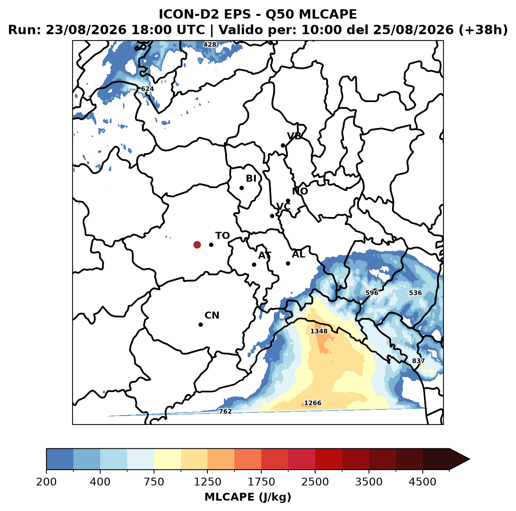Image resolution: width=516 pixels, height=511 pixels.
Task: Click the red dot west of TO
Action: (x=197, y=245)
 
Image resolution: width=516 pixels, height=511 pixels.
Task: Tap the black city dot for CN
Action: (x=200, y=324)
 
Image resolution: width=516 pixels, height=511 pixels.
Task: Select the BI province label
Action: (x=251, y=178)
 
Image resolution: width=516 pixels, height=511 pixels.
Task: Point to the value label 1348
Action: (x=319, y=331)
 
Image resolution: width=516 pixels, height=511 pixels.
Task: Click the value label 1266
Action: (x=312, y=403)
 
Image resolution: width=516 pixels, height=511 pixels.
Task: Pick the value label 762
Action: (x=225, y=411)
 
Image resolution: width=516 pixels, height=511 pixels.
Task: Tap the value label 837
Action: (x=418, y=361)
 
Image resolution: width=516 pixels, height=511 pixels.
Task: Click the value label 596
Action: (x=372, y=293)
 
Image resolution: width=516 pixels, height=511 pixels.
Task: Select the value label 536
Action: (x=415, y=293)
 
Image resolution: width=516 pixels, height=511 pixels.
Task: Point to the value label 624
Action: (x=147, y=89)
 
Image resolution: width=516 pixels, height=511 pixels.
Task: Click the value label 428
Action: (x=210, y=45)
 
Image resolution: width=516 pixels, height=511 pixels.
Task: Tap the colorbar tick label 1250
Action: (x=207, y=481)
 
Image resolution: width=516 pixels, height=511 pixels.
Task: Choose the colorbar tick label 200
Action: (x=46, y=481)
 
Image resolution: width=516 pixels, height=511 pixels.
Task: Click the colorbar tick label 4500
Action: (x=422, y=481)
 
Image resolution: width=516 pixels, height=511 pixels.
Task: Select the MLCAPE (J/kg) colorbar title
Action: (x=248, y=497)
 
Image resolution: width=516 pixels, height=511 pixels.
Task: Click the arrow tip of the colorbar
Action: (x=470, y=459)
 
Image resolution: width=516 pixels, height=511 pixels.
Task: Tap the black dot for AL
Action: (x=288, y=263)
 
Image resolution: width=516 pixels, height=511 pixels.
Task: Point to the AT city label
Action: (x=264, y=255)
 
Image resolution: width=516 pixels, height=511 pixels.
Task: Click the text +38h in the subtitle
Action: (x=483, y=30)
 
